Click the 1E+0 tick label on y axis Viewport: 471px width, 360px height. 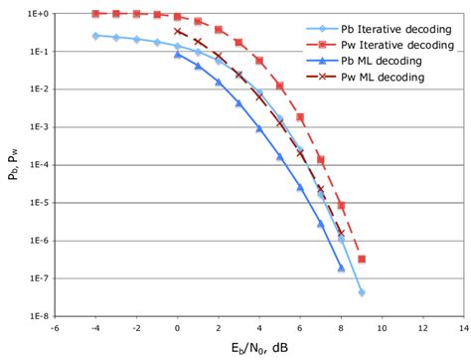[x=36, y=14]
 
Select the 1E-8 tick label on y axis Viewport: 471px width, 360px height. [x=36, y=316]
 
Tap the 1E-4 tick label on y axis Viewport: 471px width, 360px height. [x=36, y=165]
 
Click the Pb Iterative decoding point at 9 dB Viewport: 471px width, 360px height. [x=362, y=292]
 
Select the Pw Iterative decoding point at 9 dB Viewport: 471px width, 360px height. [x=362, y=259]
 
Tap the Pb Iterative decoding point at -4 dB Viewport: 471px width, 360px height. [x=95, y=36]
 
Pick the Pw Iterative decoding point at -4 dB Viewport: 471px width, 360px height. [x=95, y=14]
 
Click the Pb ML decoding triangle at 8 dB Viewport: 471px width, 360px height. [x=341, y=268]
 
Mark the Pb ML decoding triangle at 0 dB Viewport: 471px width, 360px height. [x=178, y=55]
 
